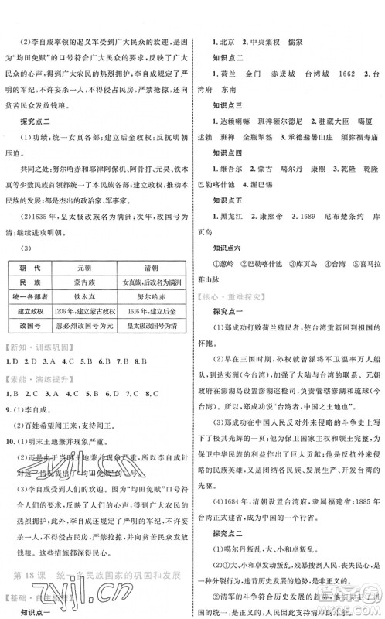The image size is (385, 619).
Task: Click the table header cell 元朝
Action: (94, 264)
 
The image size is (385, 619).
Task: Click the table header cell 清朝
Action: (154, 264)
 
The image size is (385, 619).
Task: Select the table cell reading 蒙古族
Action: (94, 278)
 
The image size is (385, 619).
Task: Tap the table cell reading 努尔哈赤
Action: (154, 293)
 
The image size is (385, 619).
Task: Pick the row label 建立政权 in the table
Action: (35, 308)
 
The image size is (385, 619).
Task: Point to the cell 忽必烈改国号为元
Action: (94, 323)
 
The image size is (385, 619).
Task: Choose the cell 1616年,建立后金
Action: (154, 308)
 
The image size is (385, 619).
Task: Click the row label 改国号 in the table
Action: (35, 323)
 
